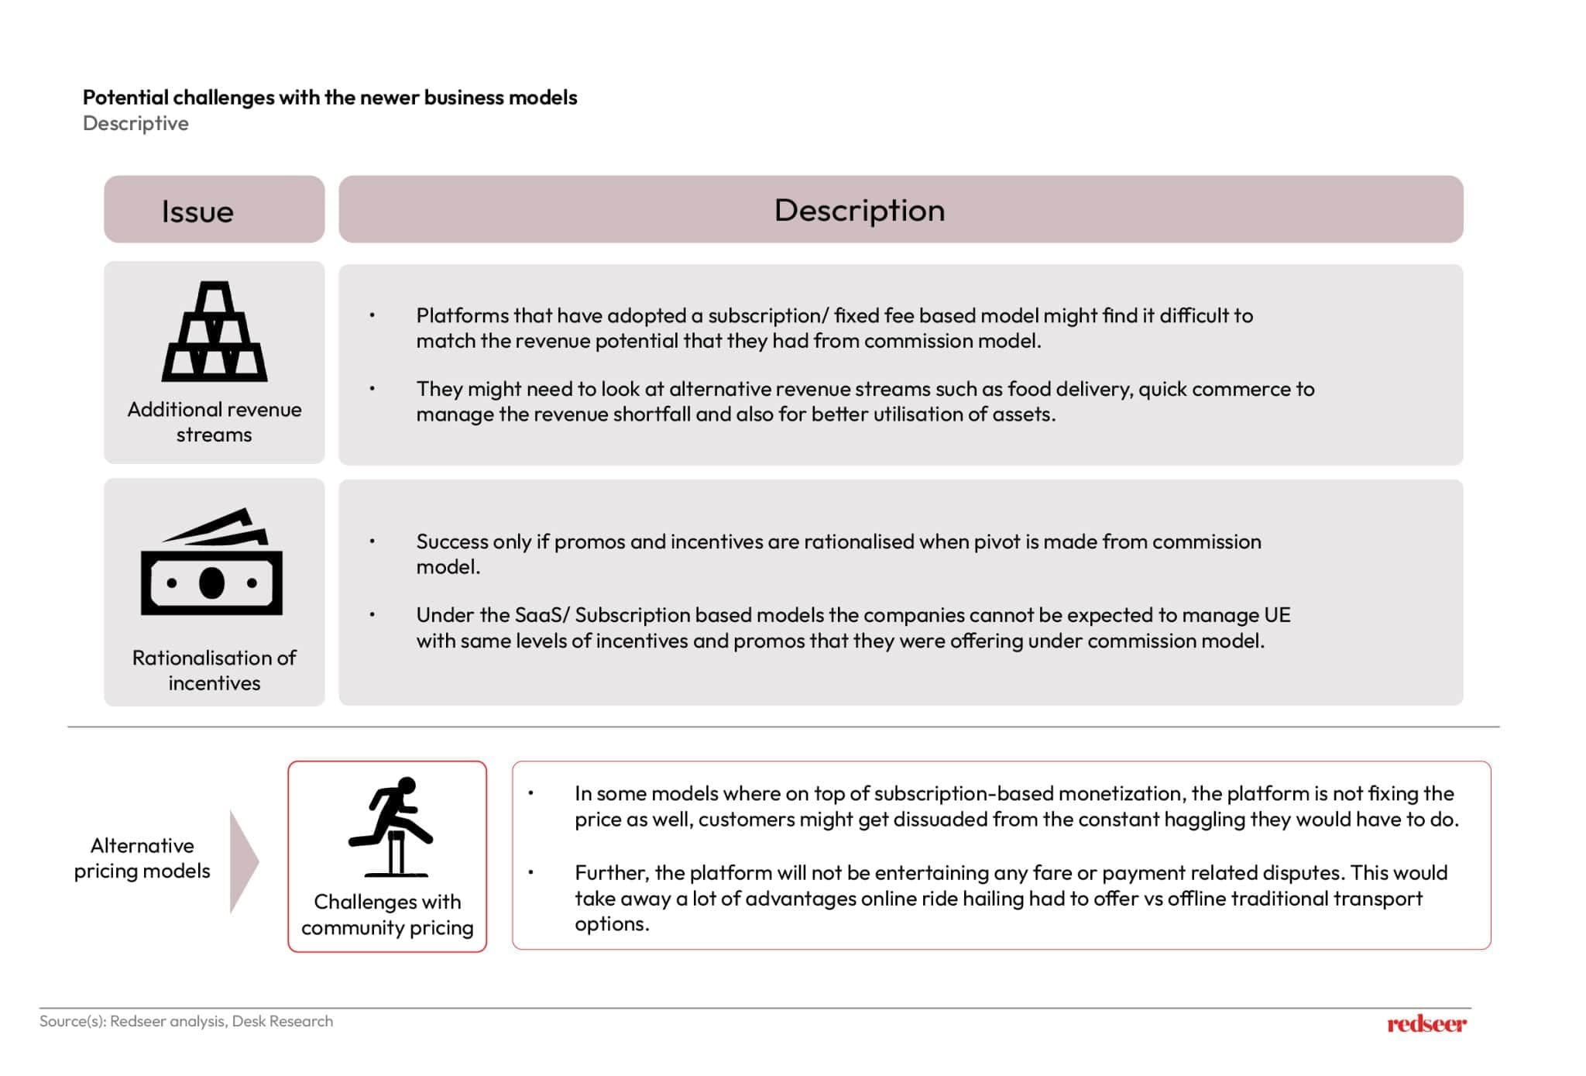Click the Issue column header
[x=197, y=211]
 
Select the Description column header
[x=860, y=211]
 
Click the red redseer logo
[x=1426, y=1024]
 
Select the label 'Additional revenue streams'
[x=215, y=421]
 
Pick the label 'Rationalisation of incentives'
[x=215, y=670]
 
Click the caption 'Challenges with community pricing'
[x=387, y=914]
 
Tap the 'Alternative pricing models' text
[x=142, y=858]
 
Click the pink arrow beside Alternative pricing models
[x=243, y=861]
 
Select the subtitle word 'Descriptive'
[x=136, y=123]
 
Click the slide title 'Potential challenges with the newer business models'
[x=330, y=98]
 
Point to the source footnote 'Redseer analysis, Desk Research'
[x=221, y=1021]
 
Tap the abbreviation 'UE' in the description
[x=1277, y=615]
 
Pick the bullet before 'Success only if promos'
[x=372, y=541]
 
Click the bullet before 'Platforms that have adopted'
[x=372, y=315]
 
